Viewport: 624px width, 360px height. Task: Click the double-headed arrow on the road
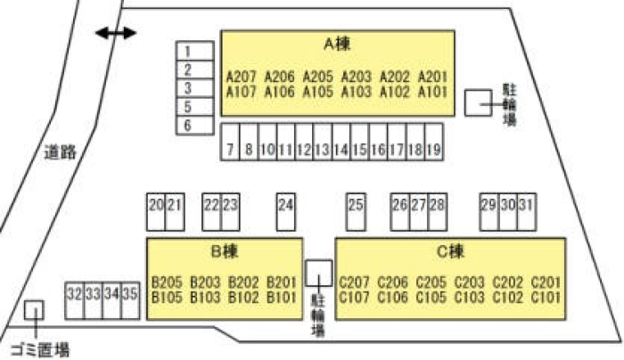[117, 33]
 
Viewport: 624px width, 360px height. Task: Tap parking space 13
[323, 150]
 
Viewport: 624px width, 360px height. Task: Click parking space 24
[285, 205]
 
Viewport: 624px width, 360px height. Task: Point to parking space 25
[356, 205]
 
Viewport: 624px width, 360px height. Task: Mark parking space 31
[527, 205]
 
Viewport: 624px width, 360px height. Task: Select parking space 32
[74, 292]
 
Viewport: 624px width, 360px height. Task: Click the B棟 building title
[225, 250]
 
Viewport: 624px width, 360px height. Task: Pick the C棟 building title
[451, 250]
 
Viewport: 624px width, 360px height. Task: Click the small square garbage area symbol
[34, 309]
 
